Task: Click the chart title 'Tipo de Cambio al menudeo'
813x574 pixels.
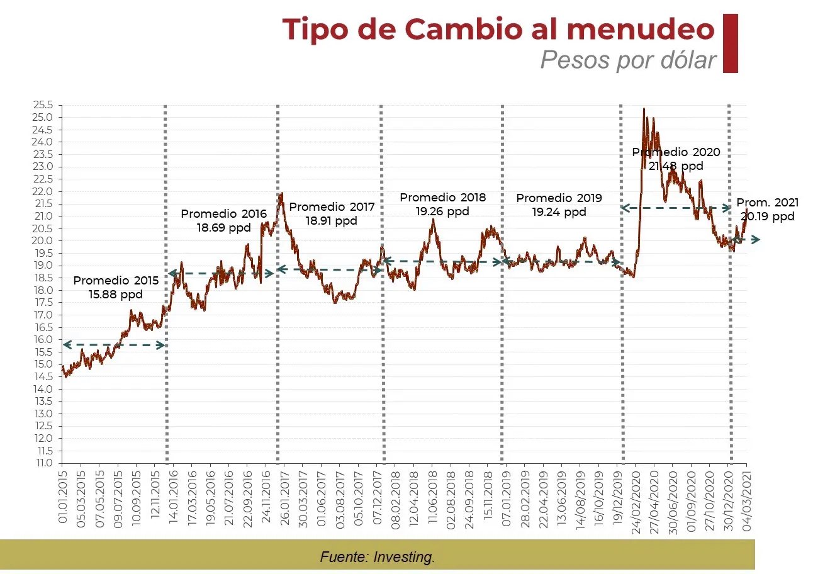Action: click(498, 29)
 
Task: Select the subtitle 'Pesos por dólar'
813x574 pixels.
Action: click(628, 60)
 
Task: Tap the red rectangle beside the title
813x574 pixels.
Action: click(730, 43)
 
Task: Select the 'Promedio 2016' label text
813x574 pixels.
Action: click(223, 214)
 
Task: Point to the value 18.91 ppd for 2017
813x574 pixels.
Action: click(332, 221)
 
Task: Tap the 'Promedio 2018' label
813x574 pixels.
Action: click(442, 198)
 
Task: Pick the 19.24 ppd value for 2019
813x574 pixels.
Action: click(559, 212)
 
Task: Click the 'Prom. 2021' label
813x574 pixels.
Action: click(767, 203)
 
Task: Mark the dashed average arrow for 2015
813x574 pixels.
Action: click(113, 345)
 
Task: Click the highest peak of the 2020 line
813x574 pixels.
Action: click(644, 110)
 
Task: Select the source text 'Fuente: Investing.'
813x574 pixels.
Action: click(377, 557)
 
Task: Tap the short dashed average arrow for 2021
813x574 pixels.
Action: click(746, 240)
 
